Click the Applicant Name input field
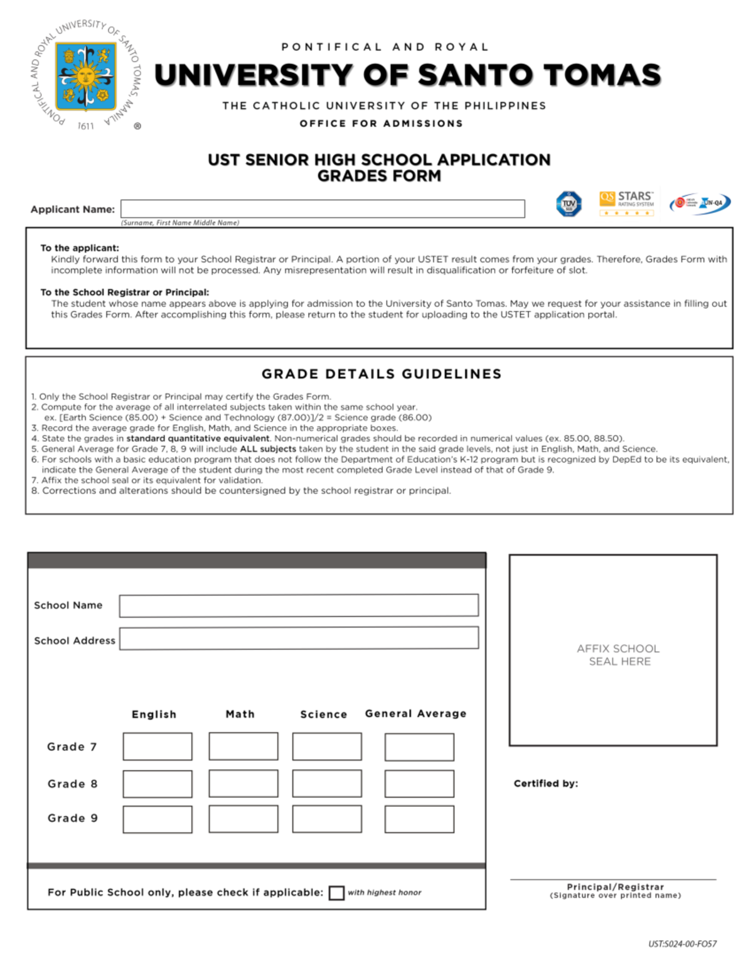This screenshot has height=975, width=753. (323, 209)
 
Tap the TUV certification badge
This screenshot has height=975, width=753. (569, 204)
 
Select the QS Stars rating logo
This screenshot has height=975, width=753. (626, 203)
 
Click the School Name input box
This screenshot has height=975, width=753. (299, 605)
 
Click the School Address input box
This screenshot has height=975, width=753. (299, 638)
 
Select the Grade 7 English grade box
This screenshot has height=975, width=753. (158, 746)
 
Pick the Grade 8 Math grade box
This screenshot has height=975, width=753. (243, 784)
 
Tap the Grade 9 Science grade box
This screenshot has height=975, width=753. (327, 819)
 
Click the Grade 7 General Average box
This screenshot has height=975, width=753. (419, 747)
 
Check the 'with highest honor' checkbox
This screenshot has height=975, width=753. (336, 893)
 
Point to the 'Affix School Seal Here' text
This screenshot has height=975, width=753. (618, 655)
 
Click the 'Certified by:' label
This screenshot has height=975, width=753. (545, 784)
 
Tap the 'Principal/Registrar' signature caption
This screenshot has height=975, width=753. (615, 887)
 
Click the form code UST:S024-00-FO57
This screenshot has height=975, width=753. (682, 944)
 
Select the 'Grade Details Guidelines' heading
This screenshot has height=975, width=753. (382, 374)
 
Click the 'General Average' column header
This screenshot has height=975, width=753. (415, 714)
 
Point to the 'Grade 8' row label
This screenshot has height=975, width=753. (72, 784)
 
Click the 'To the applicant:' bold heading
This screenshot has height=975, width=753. (80, 248)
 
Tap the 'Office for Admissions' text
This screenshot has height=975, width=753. (381, 124)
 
